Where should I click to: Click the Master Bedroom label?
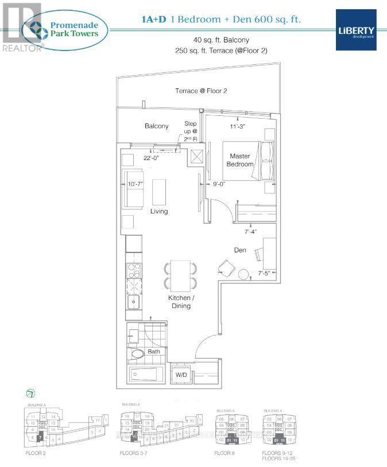(x=241, y=160)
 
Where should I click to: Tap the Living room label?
(x=159, y=211)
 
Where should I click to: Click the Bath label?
(x=154, y=351)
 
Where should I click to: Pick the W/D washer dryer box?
(x=181, y=375)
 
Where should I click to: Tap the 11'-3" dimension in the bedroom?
(x=237, y=127)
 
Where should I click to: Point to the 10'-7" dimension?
(x=131, y=185)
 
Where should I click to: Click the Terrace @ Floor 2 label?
(x=199, y=91)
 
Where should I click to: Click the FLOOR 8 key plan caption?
(x=225, y=453)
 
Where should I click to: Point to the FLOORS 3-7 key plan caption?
(x=137, y=453)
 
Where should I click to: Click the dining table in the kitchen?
(x=180, y=274)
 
